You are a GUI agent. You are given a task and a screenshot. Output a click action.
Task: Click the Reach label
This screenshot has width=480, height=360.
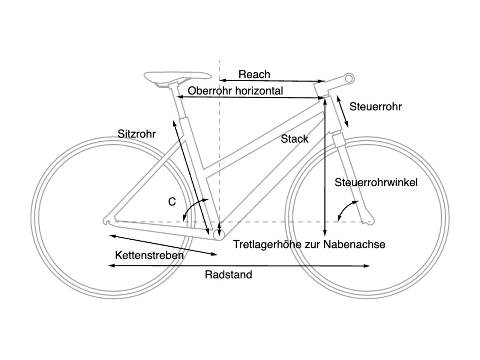tap(254, 74)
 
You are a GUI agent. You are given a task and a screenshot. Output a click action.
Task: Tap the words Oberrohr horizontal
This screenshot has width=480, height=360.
tap(235, 91)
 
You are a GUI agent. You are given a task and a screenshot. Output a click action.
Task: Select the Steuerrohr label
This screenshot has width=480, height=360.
tap(375, 107)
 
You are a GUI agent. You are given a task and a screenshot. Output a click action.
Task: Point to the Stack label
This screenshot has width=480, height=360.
tap(294, 139)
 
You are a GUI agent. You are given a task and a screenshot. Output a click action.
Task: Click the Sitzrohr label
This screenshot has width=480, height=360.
tap(136, 134)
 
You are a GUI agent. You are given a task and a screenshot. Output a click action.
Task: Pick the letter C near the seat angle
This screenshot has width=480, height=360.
tap(172, 202)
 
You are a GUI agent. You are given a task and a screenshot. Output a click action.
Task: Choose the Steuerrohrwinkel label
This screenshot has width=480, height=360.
tap(376, 182)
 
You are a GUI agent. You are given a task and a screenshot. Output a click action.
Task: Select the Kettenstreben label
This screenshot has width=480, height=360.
tap(149, 256)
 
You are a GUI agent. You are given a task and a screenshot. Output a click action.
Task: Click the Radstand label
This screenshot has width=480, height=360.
tap(228, 275)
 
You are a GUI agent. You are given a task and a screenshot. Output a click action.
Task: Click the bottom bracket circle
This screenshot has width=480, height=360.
tap(219, 235)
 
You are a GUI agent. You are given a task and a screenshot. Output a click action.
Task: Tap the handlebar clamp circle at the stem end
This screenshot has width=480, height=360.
tap(349, 79)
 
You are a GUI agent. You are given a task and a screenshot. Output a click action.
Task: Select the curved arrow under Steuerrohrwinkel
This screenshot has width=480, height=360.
tap(346, 209)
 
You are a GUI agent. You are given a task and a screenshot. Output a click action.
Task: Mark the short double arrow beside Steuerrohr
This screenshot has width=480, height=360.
tap(342, 111)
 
